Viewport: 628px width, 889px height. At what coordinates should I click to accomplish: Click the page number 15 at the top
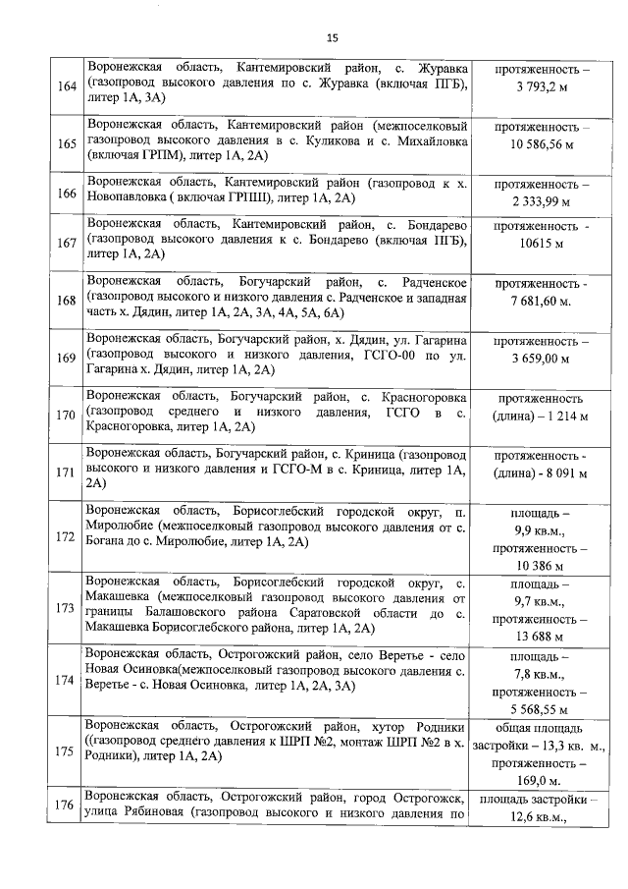coord(332,37)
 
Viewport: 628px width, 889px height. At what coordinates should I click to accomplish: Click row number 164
coord(67,86)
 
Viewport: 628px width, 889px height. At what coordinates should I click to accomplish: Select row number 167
coord(67,244)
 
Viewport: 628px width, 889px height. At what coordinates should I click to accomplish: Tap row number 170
coord(67,415)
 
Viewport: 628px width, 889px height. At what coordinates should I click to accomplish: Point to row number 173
coord(67,607)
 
